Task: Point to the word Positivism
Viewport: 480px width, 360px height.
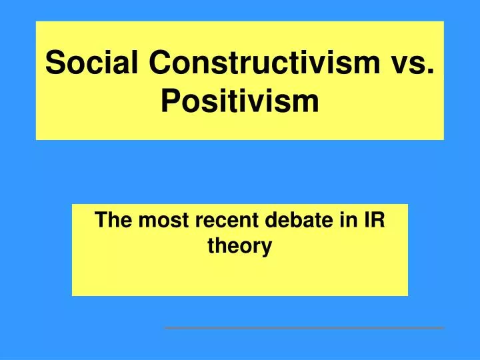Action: [240, 101]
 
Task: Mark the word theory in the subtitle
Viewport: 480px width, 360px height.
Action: [240, 247]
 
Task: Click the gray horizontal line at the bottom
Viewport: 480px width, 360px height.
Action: [304, 328]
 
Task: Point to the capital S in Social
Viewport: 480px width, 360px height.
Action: [55, 63]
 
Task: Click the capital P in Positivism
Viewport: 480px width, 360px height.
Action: [171, 101]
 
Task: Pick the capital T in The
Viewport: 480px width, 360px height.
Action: [101, 221]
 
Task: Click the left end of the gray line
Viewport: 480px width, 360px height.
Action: [166, 328]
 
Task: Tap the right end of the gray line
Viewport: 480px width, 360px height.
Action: [443, 328]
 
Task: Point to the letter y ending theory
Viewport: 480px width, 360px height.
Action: [267, 249]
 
